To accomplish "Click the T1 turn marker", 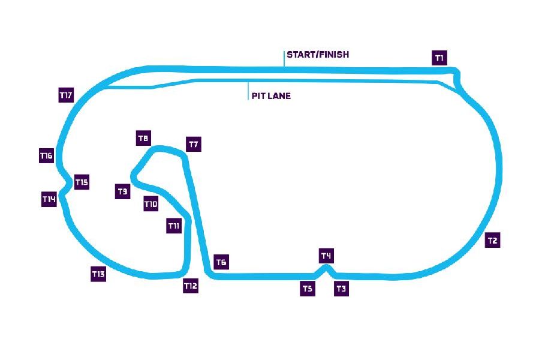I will click(x=439, y=58).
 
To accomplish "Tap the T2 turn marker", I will click(x=492, y=241).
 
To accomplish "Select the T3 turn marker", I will click(x=341, y=289).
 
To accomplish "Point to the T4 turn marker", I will click(x=326, y=256).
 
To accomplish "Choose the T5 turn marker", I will click(x=308, y=289).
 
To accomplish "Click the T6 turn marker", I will click(x=221, y=262).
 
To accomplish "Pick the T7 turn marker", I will click(x=194, y=145).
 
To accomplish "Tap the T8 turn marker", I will click(x=143, y=139).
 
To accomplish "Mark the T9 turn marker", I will click(x=122, y=192).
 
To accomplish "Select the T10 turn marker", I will click(x=151, y=205).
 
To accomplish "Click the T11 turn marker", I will click(x=174, y=226).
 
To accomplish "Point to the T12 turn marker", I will click(x=191, y=286).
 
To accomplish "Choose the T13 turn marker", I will click(x=98, y=274).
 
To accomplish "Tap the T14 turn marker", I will click(x=49, y=199).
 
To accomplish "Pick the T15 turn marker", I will click(x=82, y=182).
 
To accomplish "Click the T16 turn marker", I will click(x=46, y=156).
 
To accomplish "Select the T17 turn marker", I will click(x=66, y=95).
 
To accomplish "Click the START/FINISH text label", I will click(x=318, y=55).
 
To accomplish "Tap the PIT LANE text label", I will click(x=271, y=95).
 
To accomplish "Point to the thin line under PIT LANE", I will click(x=248, y=91).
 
